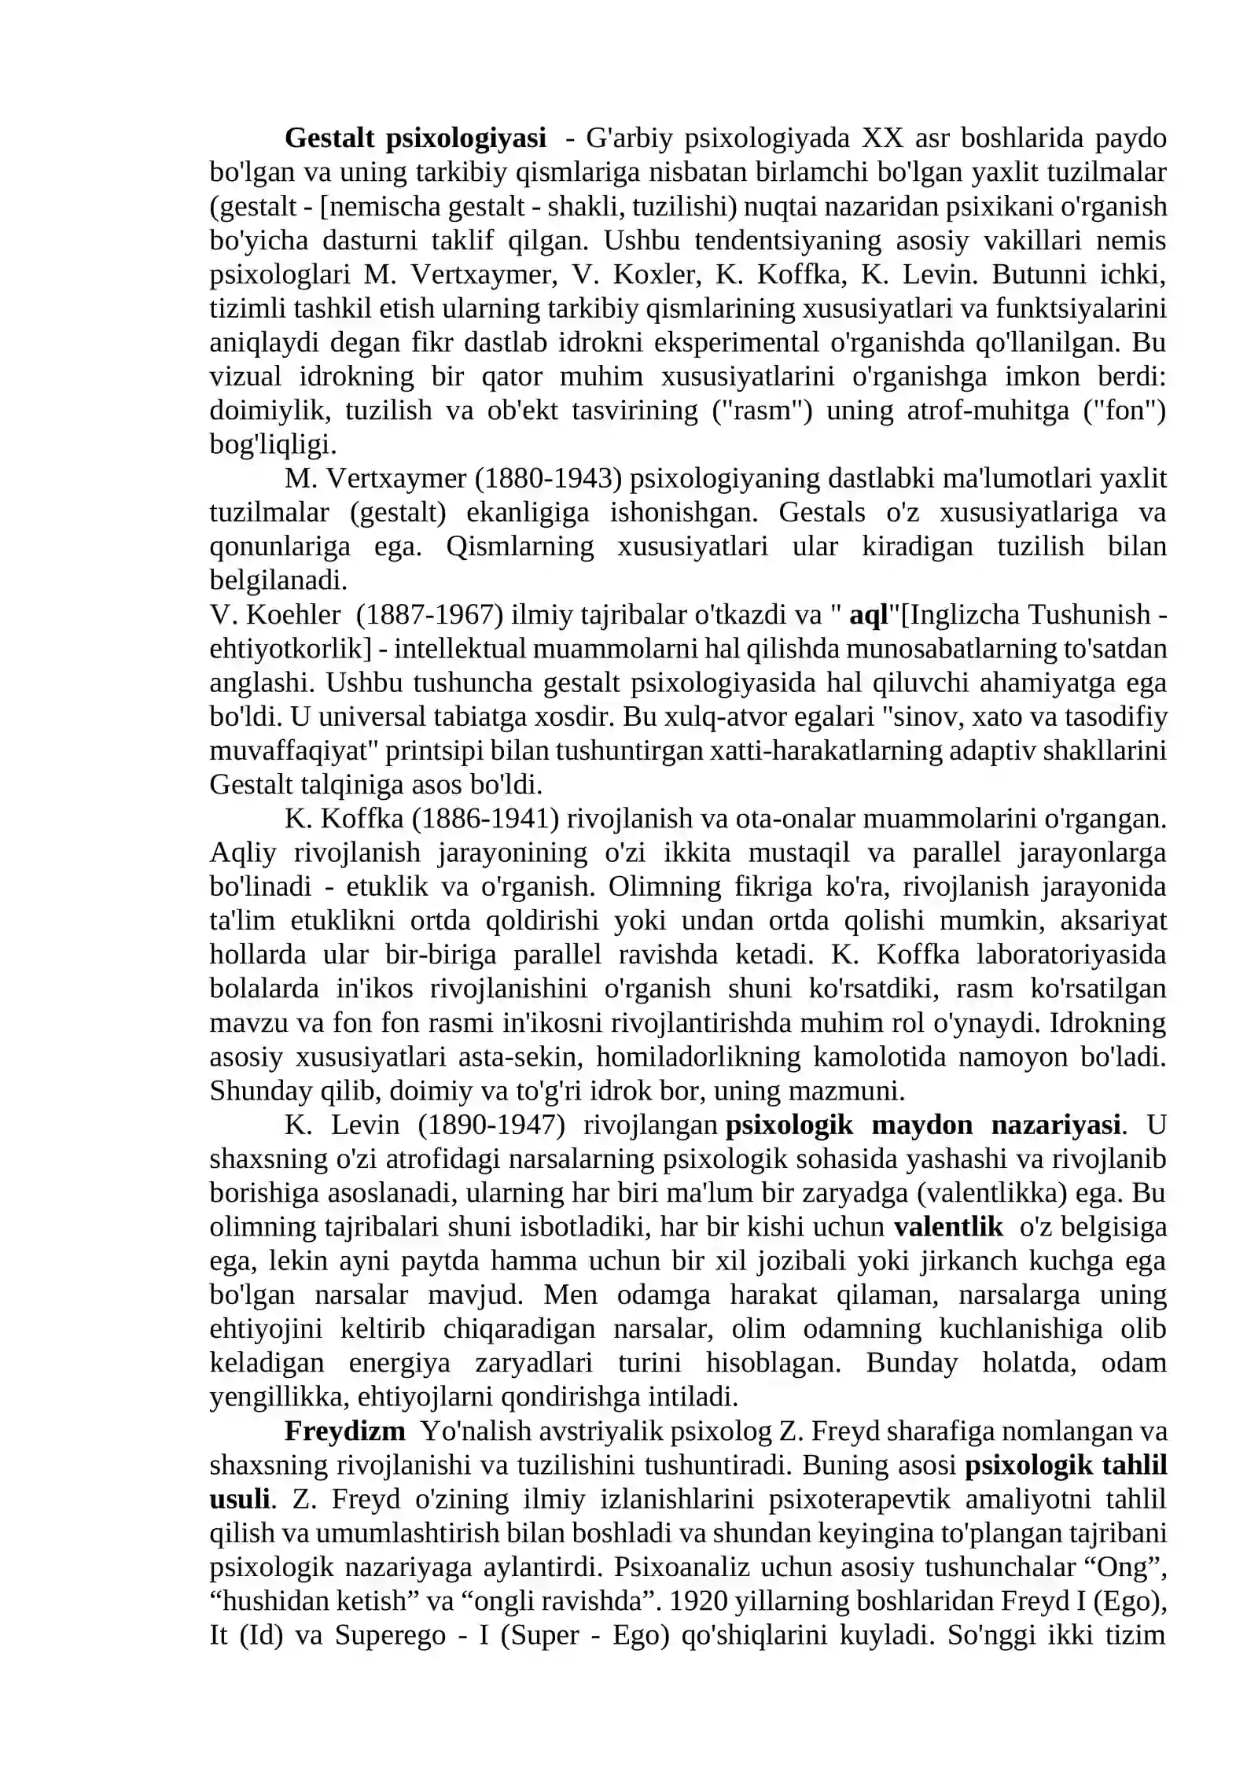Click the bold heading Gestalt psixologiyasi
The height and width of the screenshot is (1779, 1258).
point(415,138)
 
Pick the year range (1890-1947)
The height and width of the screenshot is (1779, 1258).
point(491,1125)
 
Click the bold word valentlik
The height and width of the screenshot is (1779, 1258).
point(948,1227)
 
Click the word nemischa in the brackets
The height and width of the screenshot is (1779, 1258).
point(381,207)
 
